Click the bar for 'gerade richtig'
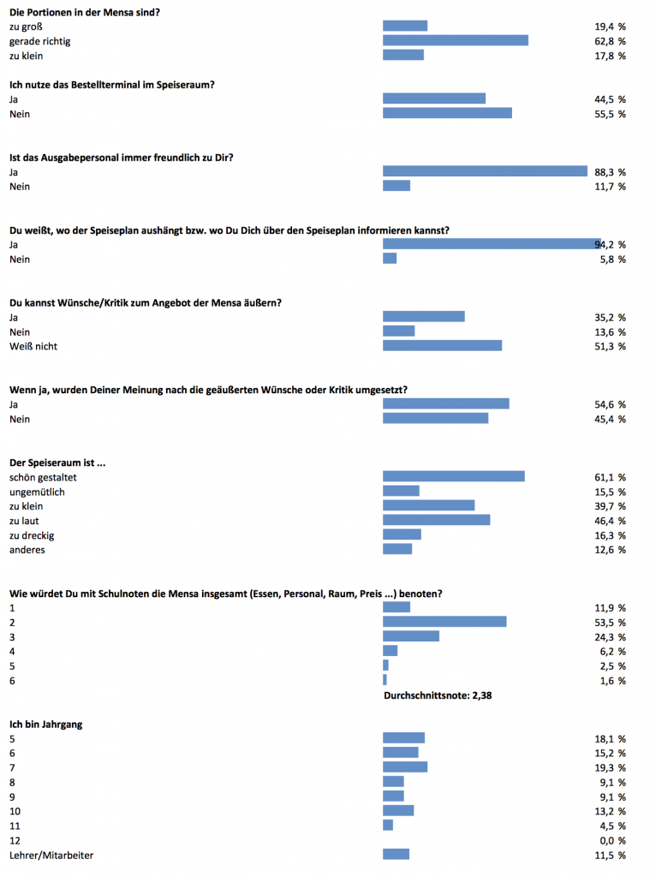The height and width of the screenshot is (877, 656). point(455,40)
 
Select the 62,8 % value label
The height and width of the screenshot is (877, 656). point(610,40)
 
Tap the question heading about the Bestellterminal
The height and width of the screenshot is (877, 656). point(111,84)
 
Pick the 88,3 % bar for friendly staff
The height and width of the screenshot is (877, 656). point(485,171)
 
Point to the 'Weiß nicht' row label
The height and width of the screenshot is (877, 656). point(33,346)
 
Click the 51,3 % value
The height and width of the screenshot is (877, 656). point(610,346)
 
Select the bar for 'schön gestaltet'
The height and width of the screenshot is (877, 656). point(453,476)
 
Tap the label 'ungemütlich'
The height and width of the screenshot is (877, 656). point(37,492)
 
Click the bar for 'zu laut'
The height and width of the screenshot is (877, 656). point(436,520)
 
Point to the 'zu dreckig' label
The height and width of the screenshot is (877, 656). point(32,534)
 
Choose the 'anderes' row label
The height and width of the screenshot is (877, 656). point(27,549)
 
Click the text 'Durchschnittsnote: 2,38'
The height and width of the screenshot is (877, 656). point(437,695)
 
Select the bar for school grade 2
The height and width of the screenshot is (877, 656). point(444,622)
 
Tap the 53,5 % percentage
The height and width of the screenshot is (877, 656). point(610,622)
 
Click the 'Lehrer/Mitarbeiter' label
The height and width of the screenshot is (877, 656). point(51,855)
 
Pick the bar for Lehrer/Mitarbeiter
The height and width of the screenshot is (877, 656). point(396,854)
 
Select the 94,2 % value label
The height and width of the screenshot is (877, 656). point(611,244)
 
